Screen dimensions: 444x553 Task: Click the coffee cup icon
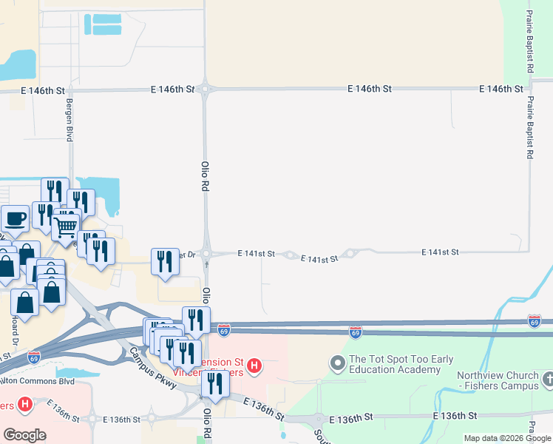pos(15,219)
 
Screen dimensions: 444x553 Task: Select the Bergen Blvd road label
pos(70,121)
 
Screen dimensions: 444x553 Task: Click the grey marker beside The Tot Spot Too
pos(337,363)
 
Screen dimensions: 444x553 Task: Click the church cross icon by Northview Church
pos(546,380)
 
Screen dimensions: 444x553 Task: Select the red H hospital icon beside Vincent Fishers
pos(254,365)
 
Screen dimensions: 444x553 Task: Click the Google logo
pos(24,434)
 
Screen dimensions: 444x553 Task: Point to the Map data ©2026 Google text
pos(507,438)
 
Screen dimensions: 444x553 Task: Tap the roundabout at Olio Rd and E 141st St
pos(206,253)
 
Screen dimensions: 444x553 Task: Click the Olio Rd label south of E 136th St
pos(207,423)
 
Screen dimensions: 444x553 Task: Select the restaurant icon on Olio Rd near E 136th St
pos(215,383)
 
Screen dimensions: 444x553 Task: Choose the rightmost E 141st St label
pos(440,252)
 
